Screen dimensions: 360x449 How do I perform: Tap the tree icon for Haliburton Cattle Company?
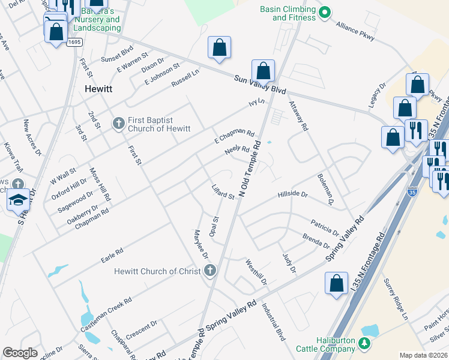(x=364, y=343)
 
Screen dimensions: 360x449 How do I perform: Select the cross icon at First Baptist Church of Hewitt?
(x=118, y=124)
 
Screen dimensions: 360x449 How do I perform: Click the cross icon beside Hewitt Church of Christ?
(x=209, y=271)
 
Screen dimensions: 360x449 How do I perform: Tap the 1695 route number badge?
(x=74, y=42)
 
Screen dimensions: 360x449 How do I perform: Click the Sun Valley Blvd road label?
(x=260, y=83)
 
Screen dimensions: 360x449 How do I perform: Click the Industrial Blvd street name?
(x=273, y=322)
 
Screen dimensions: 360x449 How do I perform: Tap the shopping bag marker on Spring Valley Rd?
(x=337, y=283)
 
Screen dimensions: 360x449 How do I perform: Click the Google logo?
(x=20, y=353)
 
